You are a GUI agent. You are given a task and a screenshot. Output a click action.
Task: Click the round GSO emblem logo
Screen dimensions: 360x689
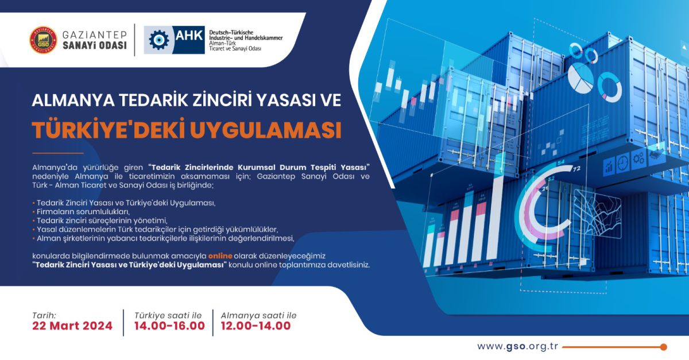[x=43, y=40]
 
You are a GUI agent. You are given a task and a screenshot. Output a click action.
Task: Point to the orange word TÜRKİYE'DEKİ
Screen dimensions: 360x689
[x=107, y=130]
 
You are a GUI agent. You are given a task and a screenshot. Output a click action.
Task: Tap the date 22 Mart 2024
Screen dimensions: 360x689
[x=72, y=326]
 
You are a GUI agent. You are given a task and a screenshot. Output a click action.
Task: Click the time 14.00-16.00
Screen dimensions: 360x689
[x=169, y=326]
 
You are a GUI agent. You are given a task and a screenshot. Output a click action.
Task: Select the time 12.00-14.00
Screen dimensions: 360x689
[x=256, y=326]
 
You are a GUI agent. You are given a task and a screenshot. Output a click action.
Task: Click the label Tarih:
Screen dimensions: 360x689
[x=44, y=315]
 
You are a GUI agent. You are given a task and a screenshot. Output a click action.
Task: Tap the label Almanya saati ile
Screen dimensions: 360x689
[x=258, y=315]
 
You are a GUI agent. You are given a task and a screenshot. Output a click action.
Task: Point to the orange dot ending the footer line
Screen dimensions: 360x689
[x=663, y=347]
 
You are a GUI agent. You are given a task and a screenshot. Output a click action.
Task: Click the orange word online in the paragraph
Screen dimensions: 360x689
[x=220, y=255]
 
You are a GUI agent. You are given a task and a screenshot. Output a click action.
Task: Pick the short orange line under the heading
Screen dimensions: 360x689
[x=57, y=153]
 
